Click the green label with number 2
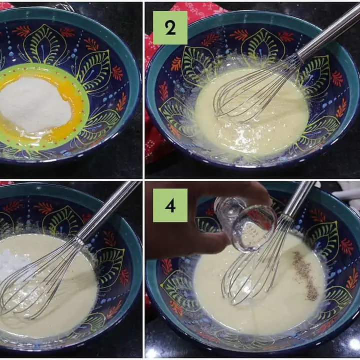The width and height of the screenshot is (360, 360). coord(170,27)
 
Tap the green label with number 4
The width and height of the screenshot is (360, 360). coord(170,205)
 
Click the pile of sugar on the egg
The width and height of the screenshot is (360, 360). coord(34,104)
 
